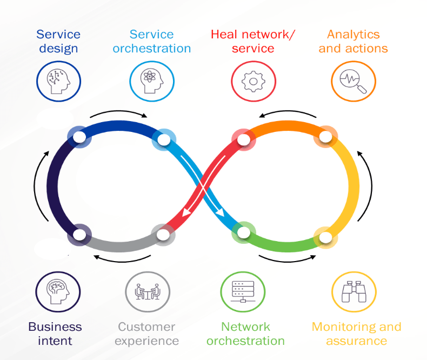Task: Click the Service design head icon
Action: click(58, 82)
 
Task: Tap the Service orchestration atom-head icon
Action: click(152, 82)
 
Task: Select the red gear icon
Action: click(252, 82)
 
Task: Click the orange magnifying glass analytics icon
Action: click(353, 82)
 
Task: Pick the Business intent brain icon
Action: click(58, 292)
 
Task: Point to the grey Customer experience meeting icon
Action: click(147, 292)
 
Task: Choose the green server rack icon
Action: click(243, 292)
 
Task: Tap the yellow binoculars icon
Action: click(353, 292)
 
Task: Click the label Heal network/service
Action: click(253, 42)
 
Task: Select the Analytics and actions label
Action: click(353, 42)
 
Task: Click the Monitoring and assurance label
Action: click(356, 334)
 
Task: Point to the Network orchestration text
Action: click(245, 334)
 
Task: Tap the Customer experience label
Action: click(146, 334)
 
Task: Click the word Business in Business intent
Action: click(55, 326)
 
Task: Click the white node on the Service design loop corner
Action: click(79, 137)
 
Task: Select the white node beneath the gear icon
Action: click(244, 140)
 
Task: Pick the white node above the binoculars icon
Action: click(325, 237)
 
